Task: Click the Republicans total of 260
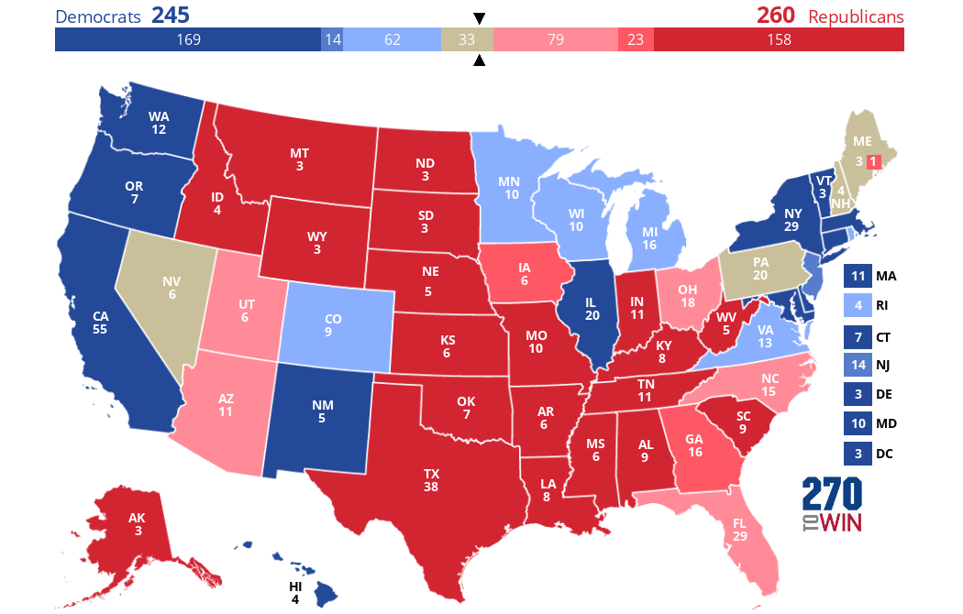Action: click(x=775, y=16)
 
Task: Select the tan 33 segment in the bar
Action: click(x=467, y=39)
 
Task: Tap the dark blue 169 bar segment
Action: click(x=187, y=39)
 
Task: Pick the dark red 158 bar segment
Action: click(x=778, y=39)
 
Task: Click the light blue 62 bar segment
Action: click(x=393, y=39)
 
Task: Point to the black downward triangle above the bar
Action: click(x=479, y=18)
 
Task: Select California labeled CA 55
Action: click(x=101, y=322)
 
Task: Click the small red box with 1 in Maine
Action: click(x=873, y=161)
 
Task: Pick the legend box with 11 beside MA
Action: click(x=858, y=276)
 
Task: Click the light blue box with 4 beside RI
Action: click(x=858, y=305)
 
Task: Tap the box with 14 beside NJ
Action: click(x=858, y=365)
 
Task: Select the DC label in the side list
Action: click(x=884, y=454)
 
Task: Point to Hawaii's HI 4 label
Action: click(x=295, y=592)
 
